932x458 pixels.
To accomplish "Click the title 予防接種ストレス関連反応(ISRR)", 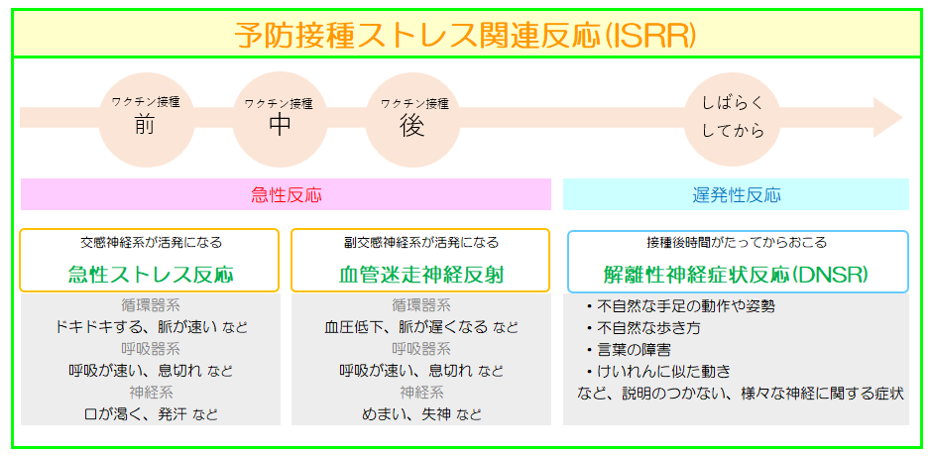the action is [x=464, y=36].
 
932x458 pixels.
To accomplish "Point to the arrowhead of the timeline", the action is [x=902, y=118].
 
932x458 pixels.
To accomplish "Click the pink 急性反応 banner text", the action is [x=286, y=195].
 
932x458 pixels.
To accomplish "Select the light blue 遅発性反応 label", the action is [x=736, y=195].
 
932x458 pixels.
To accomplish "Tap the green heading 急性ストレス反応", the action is [x=151, y=275].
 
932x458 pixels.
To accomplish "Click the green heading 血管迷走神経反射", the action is [x=420, y=275].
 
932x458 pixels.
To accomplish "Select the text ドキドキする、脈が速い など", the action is [x=151, y=327].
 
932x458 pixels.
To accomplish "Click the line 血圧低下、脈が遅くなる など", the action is [x=420, y=327].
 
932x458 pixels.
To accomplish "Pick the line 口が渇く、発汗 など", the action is [x=151, y=414].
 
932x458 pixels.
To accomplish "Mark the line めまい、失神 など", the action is [x=420, y=414].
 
